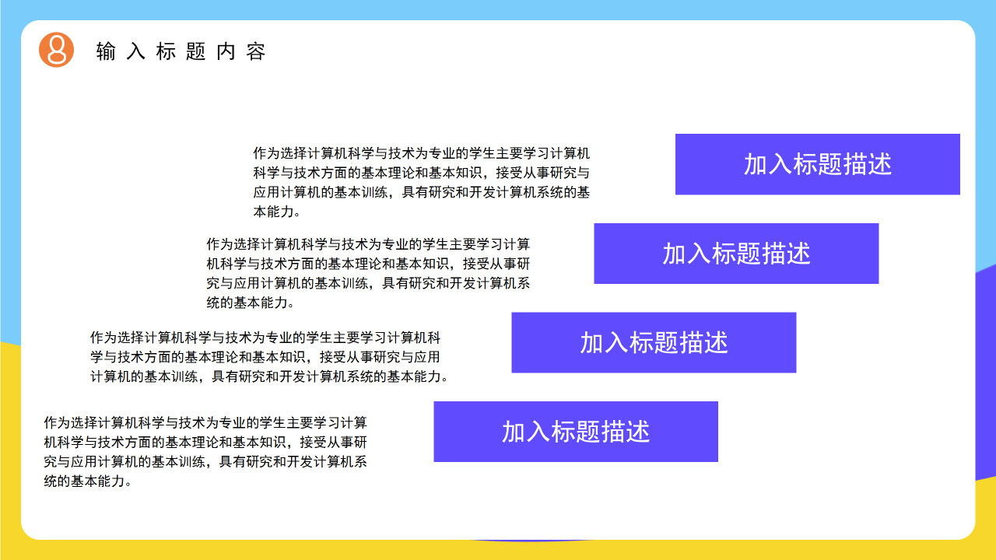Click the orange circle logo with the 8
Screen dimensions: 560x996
pos(56,51)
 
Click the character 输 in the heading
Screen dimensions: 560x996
pos(106,52)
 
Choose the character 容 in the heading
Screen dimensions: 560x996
pos(257,52)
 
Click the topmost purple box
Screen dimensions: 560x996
pos(817,164)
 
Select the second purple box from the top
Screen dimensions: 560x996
pos(736,254)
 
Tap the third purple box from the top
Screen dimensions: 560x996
pos(654,342)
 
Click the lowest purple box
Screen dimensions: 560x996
pos(576,432)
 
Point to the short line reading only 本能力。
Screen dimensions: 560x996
pos(277,212)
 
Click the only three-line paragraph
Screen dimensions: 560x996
pos(269,357)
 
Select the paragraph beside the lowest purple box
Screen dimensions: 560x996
pos(205,452)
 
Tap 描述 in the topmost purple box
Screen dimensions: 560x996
pos(867,164)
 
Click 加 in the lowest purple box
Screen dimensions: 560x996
pos(514,432)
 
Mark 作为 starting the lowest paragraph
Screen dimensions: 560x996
pos(57,423)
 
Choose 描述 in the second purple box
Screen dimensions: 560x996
pos(786,254)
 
